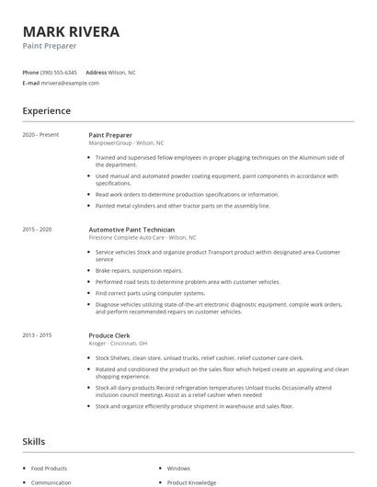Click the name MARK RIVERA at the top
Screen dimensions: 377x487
[72, 31]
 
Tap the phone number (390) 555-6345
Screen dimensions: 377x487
[59, 72]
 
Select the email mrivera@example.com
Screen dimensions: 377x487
[70, 83]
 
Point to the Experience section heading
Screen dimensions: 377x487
[47, 111]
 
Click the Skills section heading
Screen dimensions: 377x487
[34, 442]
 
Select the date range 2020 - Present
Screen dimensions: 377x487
[40, 135]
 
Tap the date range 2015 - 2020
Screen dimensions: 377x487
[38, 229]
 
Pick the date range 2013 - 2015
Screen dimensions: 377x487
[38, 335]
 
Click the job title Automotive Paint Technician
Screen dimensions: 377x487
[132, 229]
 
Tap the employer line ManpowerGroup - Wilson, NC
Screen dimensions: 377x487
[127, 143]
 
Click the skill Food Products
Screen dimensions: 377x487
[50, 468]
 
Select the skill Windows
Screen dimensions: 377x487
[178, 468]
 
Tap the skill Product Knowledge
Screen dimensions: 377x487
[191, 482]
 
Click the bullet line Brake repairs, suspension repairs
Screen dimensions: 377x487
[139, 271]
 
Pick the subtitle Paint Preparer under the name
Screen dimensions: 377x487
[50, 45]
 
